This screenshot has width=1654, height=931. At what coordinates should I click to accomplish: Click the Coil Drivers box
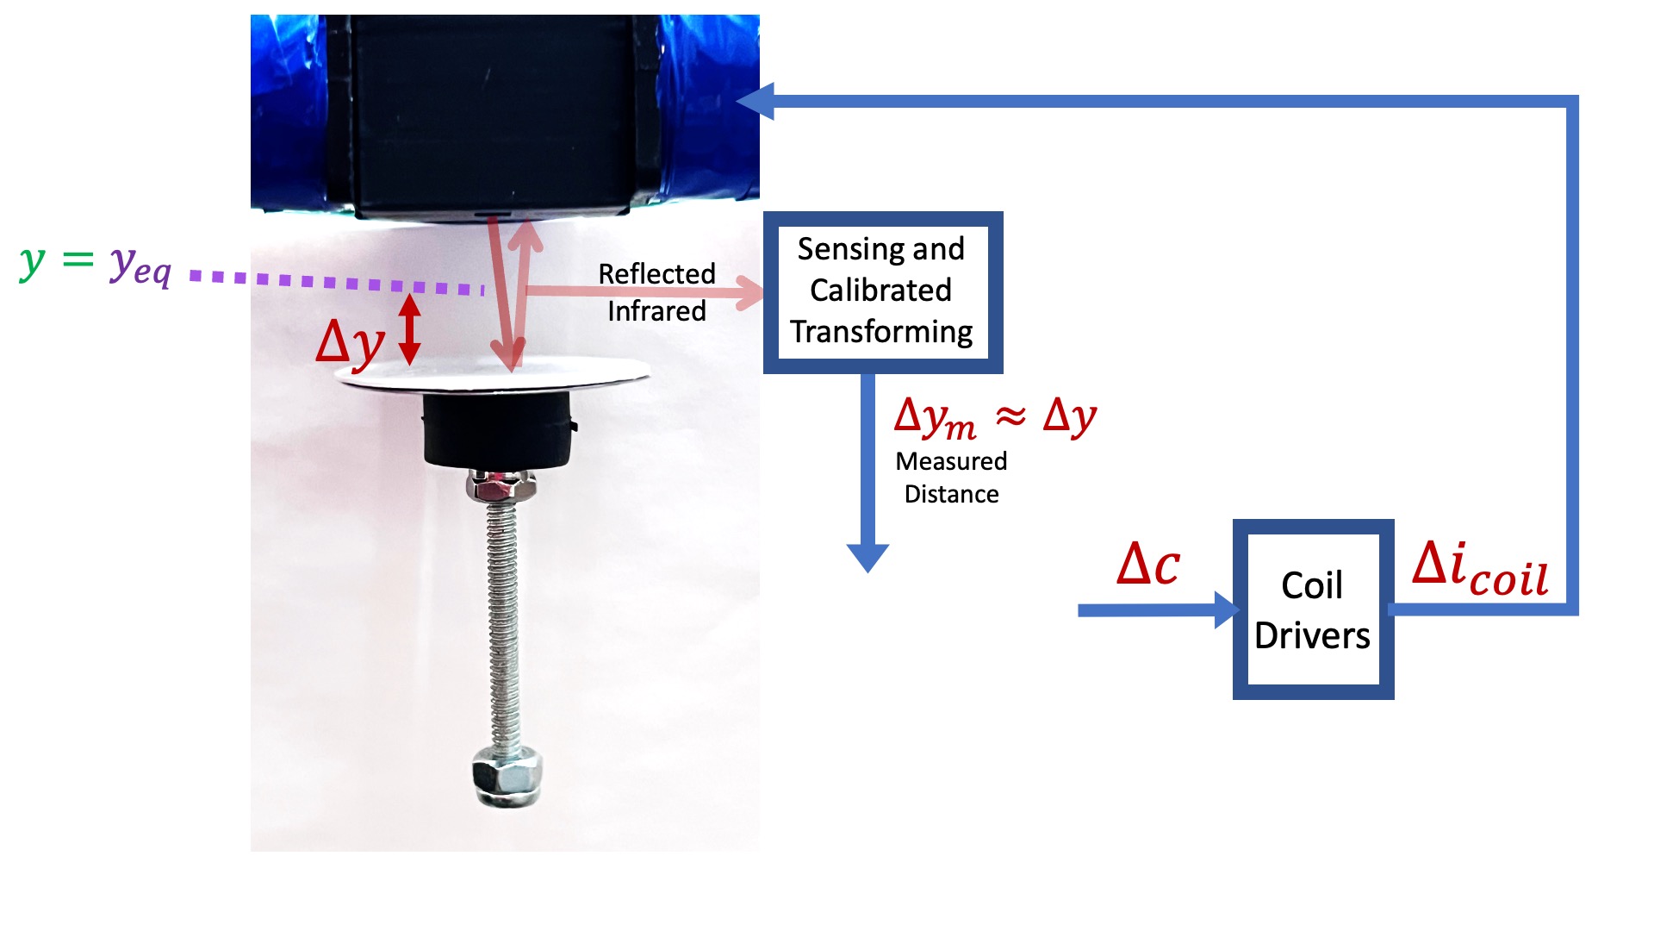click(1312, 609)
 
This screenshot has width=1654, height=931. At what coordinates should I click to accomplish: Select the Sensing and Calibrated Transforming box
click(882, 291)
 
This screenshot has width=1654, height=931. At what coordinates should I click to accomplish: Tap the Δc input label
click(1147, 565)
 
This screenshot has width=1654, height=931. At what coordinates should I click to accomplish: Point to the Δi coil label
click(1480, 570)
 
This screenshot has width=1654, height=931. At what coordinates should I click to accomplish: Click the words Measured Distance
click(951, 478)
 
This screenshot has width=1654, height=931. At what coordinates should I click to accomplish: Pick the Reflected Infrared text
click(656, 292)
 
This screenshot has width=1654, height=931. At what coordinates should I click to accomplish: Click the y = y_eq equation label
click(96, 263)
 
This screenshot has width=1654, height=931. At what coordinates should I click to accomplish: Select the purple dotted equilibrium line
click(336, 282)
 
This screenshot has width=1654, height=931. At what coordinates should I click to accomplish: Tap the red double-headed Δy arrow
click(410, 328)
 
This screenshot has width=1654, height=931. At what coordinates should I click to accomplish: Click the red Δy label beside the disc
click(350, 343)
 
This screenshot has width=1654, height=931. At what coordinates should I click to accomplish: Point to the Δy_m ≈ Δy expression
click(995, 417)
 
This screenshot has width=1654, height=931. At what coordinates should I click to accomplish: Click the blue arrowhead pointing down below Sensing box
click(867, 557)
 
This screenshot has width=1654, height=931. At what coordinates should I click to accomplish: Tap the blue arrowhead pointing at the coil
click(756, 102)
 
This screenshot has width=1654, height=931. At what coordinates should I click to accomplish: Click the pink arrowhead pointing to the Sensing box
click(751, 292)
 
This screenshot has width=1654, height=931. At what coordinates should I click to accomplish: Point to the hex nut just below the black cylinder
click(501, 488)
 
